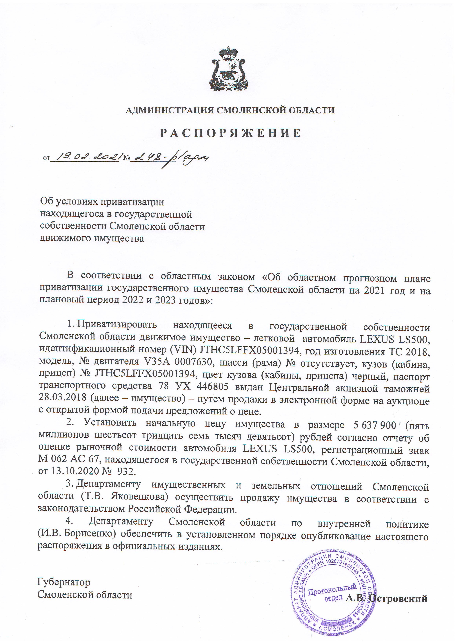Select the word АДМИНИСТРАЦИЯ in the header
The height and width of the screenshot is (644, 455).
(170, 110)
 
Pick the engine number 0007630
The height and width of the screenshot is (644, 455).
(194, 362)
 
